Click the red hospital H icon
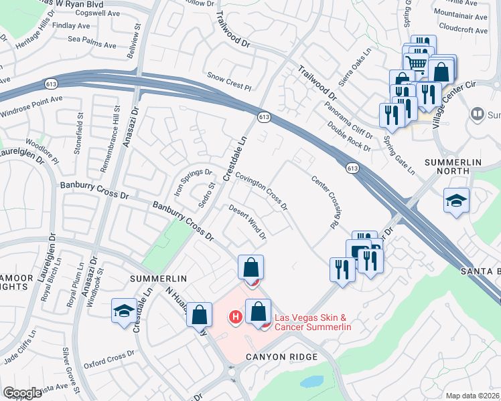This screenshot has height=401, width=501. [x=235, y=316]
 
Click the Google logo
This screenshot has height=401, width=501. [x=22, y=393]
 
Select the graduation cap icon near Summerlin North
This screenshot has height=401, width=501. [x=456, y=200]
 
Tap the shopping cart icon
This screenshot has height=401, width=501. [x=417, y=64]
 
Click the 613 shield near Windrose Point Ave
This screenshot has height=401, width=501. [x=50, y=84]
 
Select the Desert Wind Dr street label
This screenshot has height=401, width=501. [x=248, y=222]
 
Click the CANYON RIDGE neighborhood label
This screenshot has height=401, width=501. [x=281, y=357]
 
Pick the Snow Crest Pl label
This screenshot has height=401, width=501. [x=228, y=82]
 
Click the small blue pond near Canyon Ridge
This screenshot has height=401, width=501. [x=311, y=382]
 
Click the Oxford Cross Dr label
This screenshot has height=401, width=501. [x=104, y=360]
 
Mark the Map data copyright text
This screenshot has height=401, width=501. [x=473, y=396]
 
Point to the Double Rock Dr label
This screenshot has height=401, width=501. [x=350, y=136]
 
